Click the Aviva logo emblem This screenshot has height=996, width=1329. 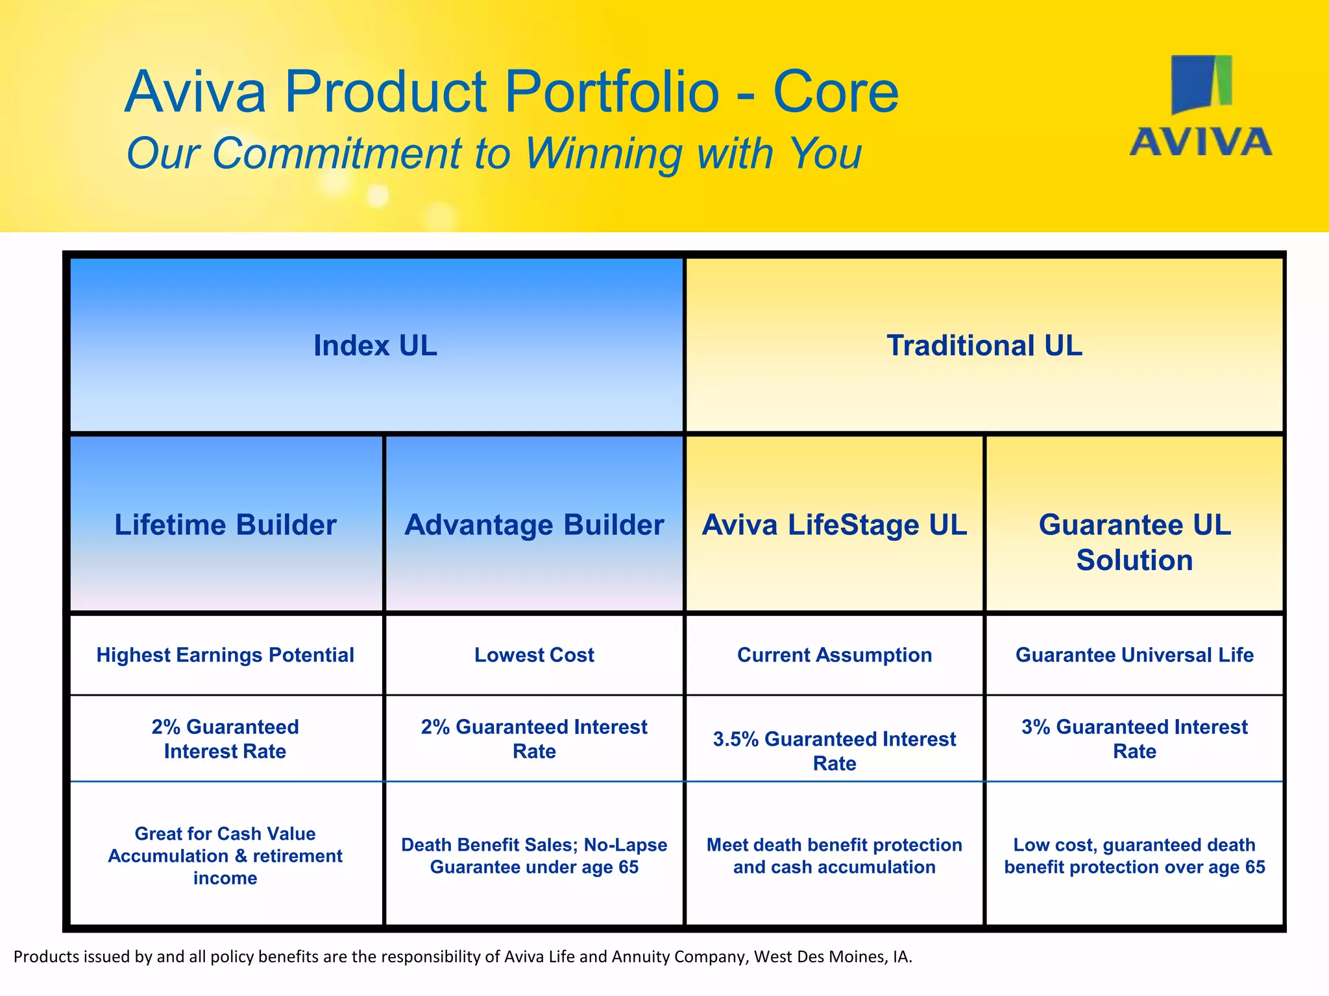tap(1201, 84)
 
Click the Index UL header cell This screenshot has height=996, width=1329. tap(376, 345)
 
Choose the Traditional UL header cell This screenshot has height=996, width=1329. tap(984, 345)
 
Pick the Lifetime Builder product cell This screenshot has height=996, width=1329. tap(225, 525)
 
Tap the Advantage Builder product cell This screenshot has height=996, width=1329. tap(534, 525)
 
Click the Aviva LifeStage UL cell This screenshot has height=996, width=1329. tap(835, 525)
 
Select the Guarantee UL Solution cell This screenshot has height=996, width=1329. tap(1134, 542)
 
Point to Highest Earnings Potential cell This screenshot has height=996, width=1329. tap(225, 655)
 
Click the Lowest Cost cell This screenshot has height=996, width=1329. tap(534, 655)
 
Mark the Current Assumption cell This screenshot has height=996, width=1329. tap(835, 655)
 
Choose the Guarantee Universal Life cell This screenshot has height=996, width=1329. tap(1134, 655)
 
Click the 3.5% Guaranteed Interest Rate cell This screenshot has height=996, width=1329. tap(835, 751)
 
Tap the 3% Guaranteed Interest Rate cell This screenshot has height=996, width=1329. tap(1134, 739)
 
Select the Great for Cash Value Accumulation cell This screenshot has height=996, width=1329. tap(225, 855)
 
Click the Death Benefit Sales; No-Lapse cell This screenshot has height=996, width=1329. tap(534, 855)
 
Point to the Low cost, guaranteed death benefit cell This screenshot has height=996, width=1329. tap(1134, 855)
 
